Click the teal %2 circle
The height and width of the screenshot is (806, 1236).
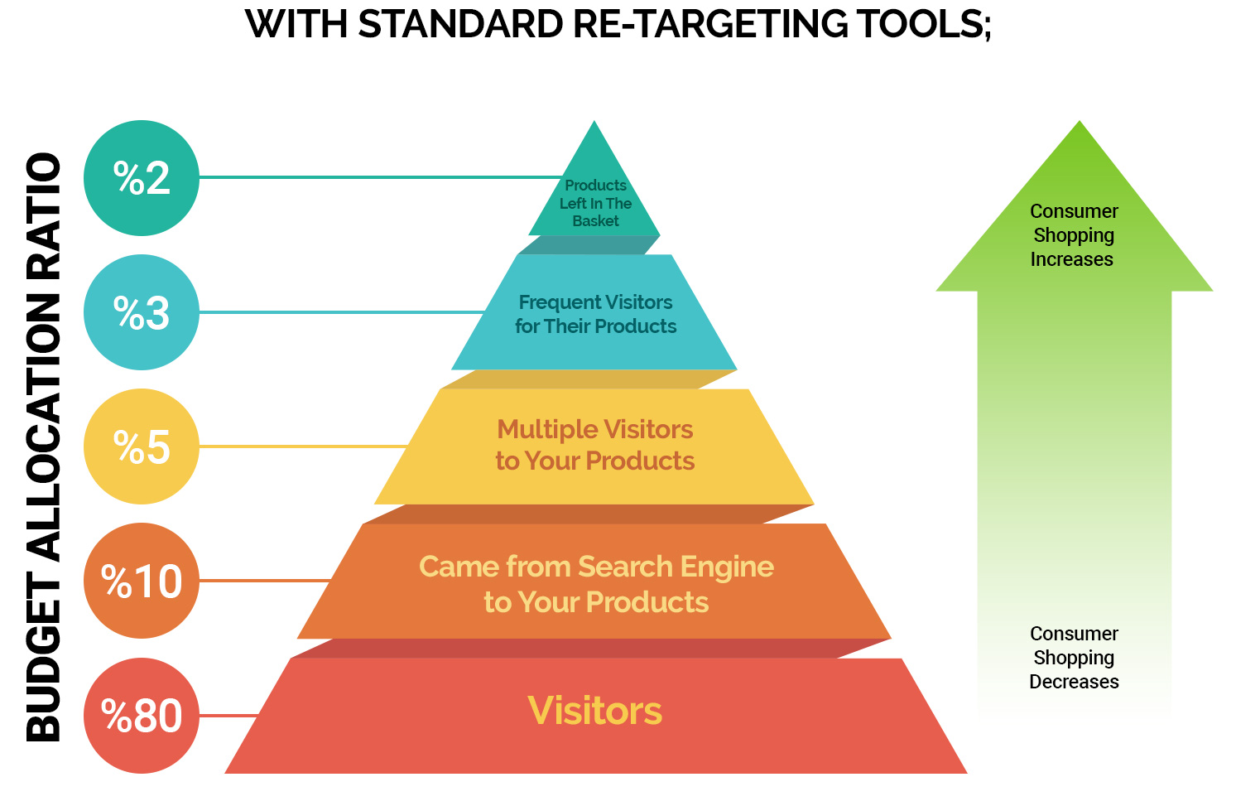click(x=142, y=178)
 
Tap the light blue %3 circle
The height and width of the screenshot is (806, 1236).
click(x=142, y=312)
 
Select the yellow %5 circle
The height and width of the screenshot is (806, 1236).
click(x=142, y=446)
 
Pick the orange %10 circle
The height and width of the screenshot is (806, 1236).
click(x=142, y=581)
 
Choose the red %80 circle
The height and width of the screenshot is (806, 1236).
click(x=142, y=716)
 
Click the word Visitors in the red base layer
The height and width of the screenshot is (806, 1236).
click(x=595, y=711)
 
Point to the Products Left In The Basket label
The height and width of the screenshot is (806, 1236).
click(x=595, y=203)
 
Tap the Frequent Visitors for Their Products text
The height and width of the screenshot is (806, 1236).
click(x=595, y=314)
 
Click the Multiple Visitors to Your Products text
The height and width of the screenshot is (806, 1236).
click(x=595, y=445)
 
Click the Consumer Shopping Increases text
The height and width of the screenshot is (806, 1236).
click(x=1073, y=235)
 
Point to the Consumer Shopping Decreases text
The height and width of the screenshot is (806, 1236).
click(x=1074, y=658)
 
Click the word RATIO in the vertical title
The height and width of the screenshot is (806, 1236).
click(x=45, y=208)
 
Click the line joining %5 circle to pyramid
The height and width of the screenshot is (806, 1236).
click(x=302, y=446)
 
